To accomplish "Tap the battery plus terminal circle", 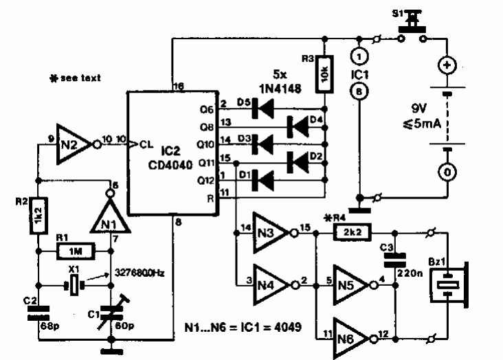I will [x=448, y=67].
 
